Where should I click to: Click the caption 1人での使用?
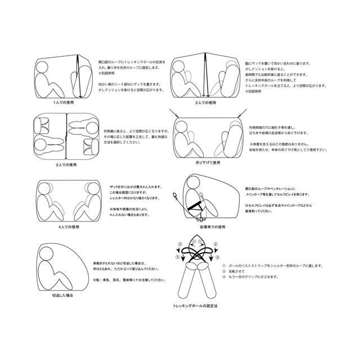[x=64, y=103]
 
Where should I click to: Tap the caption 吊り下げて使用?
[x=208, y=162]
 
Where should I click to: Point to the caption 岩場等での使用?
[x=209, y=227]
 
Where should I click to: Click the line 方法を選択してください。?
[x=124, y=142]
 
